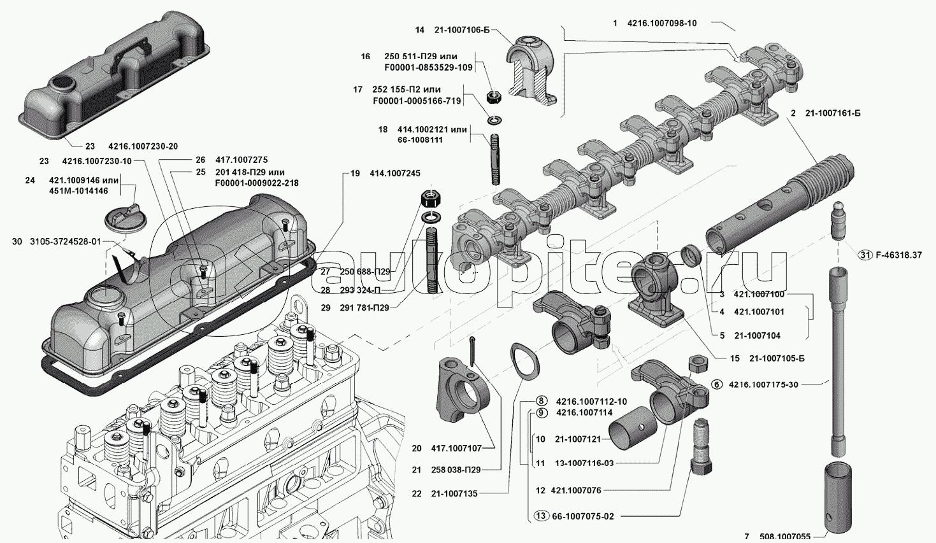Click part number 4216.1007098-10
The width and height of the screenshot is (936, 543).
[662, 24]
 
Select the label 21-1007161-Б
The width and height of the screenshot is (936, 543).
[833, 113]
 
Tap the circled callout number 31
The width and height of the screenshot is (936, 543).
[864, 255]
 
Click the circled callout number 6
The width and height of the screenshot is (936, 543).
[717, 384]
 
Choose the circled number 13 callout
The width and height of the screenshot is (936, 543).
[541, 516]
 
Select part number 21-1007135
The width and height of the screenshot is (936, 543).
[454, 493]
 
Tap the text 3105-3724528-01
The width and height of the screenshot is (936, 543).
[65, 242]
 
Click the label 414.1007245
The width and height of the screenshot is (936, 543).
[394, 173]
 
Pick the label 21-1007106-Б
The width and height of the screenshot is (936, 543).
[463, 30]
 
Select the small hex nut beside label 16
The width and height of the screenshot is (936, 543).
[493, 97]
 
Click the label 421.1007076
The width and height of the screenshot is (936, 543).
[577, 490]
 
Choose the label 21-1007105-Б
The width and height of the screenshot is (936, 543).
[777, 358]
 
